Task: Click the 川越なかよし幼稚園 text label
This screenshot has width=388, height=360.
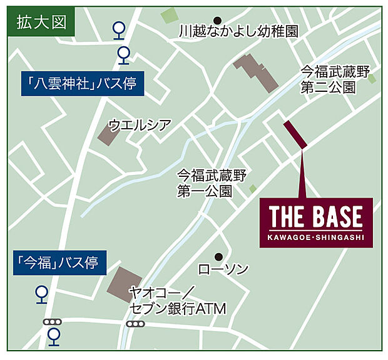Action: click(238, 31)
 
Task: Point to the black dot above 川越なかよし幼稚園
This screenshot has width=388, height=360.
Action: click(218, 19)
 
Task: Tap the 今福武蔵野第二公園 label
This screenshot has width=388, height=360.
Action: click(329, 79)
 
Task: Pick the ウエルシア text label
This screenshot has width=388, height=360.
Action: click(139, 124)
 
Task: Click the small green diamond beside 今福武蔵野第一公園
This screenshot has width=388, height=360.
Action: click(253, 188)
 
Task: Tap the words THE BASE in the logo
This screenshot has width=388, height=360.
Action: click(316, 217)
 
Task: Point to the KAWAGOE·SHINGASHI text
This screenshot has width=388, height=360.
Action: click(316, 236)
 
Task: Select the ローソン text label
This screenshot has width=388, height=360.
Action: click(223, 269)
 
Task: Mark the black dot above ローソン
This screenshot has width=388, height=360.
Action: click(218, 256)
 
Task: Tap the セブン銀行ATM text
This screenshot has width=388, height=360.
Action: click(177, 308)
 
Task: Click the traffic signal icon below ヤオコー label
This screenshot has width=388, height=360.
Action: click(135, 324)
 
